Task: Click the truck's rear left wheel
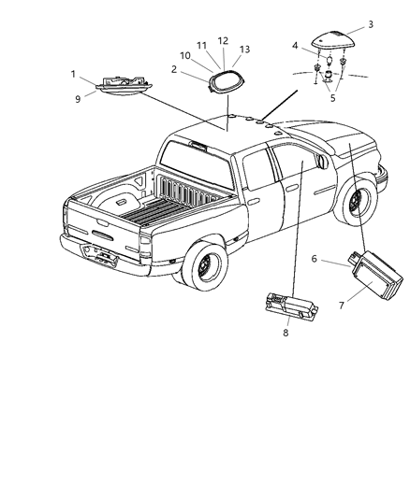tap(204, 269)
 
